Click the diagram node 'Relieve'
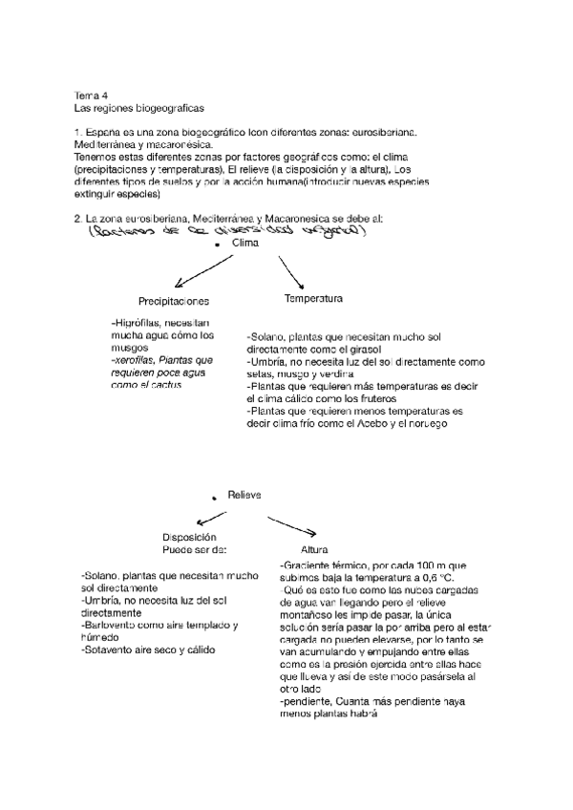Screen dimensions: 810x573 click(244, 494)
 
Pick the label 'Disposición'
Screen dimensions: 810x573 click(190, 538)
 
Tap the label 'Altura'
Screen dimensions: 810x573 click(314, 551)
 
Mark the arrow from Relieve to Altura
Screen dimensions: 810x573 click(292, 524)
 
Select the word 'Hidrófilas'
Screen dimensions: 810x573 click(138, 324)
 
